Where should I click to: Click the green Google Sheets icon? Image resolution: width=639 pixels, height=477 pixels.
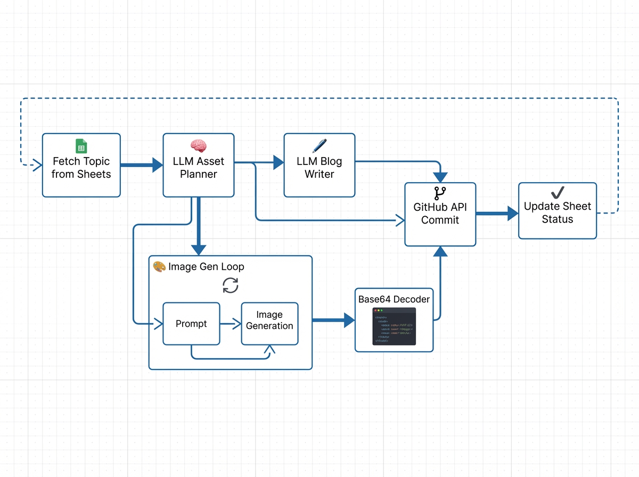coord(81,146)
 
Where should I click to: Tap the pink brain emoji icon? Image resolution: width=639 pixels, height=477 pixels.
coord(198,145)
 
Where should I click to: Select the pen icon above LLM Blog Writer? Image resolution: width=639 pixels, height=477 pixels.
coord(319,146)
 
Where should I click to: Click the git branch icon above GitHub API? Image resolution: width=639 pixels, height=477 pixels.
coord(440,194)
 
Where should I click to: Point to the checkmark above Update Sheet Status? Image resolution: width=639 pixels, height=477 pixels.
coord(558,194)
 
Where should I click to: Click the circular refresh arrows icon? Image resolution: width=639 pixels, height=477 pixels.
coord(230,285)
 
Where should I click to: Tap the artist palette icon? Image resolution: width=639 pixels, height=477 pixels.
coord(159,267)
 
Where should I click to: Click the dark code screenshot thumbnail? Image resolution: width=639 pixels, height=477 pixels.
coord(394,326)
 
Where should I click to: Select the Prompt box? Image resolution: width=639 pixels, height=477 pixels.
coord(191,323)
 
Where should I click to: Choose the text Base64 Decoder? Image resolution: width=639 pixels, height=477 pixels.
coord(394,299)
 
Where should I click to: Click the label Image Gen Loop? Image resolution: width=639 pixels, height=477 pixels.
coord(206,267)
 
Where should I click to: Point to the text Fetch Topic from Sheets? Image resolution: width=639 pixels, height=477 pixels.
coord(81,168)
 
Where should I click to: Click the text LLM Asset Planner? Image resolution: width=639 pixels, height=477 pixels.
coord(199,168)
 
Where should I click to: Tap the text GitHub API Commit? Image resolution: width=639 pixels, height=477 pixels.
coord(440,213)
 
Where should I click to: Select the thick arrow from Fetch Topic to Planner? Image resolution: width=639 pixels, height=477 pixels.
coord(141,165)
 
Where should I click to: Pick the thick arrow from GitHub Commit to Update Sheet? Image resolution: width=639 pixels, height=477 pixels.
coord(496,213)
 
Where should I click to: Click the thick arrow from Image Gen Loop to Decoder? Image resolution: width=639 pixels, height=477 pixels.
coord(333,320)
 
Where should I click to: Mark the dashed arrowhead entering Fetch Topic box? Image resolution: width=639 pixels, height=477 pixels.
coord(37,165)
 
